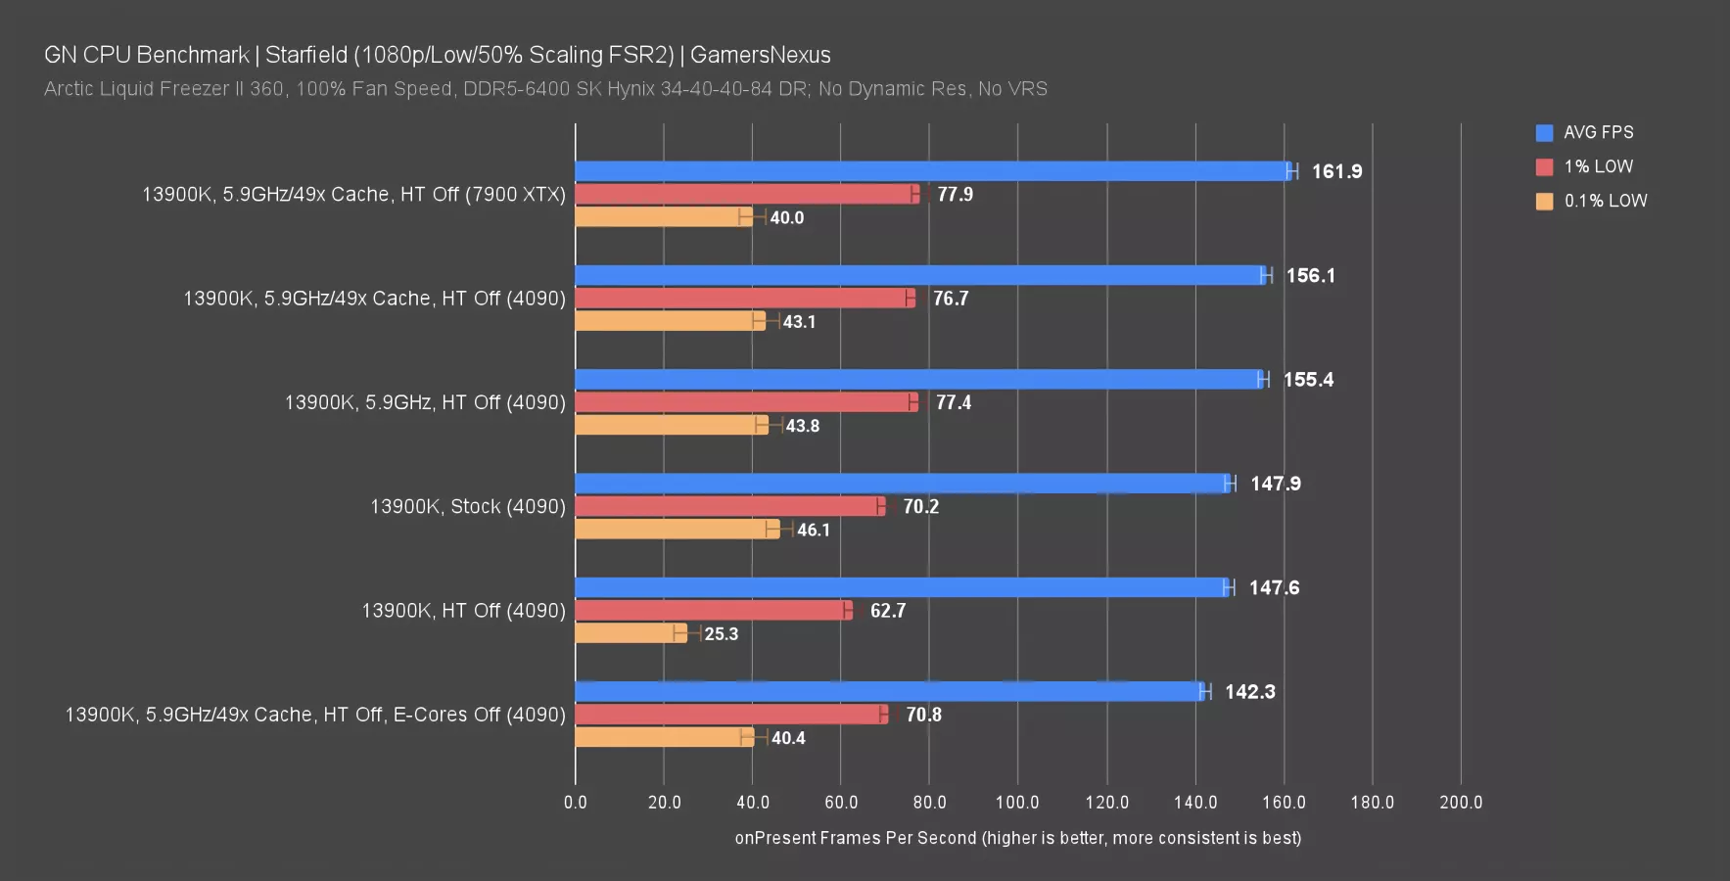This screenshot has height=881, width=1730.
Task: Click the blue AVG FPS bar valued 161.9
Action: point(933,171)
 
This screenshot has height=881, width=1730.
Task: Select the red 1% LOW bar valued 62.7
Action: point(713,611)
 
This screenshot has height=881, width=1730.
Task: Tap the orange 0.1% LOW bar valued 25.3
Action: point(631,633)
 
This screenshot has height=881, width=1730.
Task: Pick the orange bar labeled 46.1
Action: point(677,530)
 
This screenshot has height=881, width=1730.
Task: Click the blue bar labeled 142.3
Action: point(889,692)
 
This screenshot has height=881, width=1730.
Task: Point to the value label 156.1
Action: point(1310,276)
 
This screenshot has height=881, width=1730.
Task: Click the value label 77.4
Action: point(953,402)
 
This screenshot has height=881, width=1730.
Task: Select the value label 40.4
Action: point(788,738)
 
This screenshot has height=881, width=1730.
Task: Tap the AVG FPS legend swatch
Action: point(1544,133)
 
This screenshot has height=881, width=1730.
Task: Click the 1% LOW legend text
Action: point(1598,166)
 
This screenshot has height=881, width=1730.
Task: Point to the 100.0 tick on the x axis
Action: point(1017,803)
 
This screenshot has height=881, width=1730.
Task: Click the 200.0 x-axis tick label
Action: point(1460,803)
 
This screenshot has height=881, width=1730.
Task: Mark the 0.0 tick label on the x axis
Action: point(576,803)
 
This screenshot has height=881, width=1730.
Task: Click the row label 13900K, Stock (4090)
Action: point(467,507)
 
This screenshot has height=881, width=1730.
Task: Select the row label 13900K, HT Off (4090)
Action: point(463,611)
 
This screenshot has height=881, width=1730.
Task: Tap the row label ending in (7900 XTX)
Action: point(353,195)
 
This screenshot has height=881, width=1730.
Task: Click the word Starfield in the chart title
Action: point(306,55)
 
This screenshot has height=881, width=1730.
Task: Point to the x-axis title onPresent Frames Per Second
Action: point(1017,838)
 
